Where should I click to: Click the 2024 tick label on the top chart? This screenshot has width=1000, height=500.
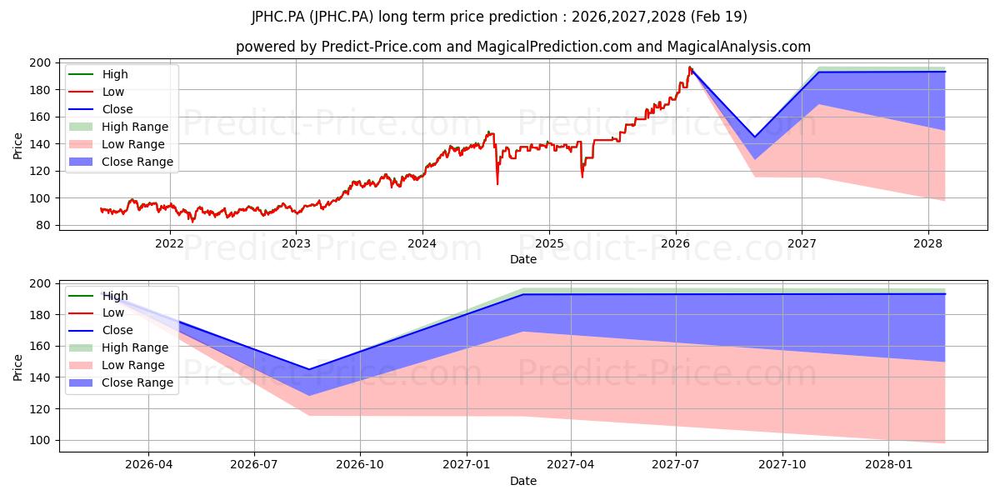tap(422, 243)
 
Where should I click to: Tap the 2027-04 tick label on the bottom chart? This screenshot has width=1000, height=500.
tap(571, 465)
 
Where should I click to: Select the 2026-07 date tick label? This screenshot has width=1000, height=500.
tap(254, 465)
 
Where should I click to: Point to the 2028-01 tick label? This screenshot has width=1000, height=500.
tap(889, 465)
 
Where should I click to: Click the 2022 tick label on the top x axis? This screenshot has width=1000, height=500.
tap(170, 243)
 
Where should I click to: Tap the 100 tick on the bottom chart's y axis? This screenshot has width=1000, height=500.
tap(40, 440)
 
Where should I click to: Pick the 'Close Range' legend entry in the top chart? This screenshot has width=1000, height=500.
tap(121, 162)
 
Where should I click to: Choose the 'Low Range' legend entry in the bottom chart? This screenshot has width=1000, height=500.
tap(117, 365)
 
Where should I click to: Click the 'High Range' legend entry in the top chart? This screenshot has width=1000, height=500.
tap(118, 127)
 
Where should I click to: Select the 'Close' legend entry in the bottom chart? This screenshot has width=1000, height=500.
tap(101, 330)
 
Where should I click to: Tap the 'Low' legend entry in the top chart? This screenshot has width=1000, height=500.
tap(97, 92)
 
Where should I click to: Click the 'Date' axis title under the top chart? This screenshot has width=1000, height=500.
tap(523, 259)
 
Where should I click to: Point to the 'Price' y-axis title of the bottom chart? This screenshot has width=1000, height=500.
tap(17, 367)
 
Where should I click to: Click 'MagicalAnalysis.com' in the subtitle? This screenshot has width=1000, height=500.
tap(739, 47)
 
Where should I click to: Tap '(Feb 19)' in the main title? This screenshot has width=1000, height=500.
tap(718, 17)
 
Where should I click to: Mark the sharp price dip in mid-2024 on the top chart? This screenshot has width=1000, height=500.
tap(497, 184)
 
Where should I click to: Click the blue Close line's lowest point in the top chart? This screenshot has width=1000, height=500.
tap(755, 137)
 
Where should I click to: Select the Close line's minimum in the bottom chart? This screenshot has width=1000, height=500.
tap(309, 369)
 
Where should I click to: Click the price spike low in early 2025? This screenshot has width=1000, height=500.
tap(582, 177)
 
